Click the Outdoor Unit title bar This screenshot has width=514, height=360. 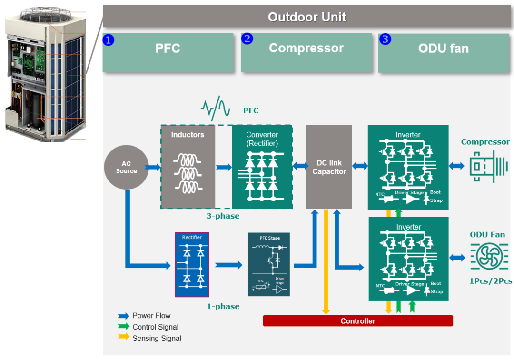[x=307, y=17]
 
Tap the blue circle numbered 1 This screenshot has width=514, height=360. [x=109, y=40]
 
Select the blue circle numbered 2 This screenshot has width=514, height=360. [x=247, y=39]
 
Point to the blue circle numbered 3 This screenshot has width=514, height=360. [x=385, y=39]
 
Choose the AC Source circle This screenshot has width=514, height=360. [x=126, y=167]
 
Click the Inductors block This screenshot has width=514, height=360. [x=188, y=167]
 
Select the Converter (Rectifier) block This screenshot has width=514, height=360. [x=262, y=167]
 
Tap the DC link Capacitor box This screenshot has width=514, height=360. [x=329, y=167]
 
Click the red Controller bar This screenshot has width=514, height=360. [x=357, y=321]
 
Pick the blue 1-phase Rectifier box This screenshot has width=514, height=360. [x=192, y=265]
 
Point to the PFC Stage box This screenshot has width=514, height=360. [x=269, y=265]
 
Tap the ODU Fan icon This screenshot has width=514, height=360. [x=489, y=256]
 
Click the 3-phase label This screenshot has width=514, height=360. [x=223, y=216]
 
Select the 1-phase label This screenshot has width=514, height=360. [x=223, y=306]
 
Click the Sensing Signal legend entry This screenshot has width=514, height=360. [x=150, y=339]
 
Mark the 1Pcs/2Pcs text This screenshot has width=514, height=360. [x=491, y=281]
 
